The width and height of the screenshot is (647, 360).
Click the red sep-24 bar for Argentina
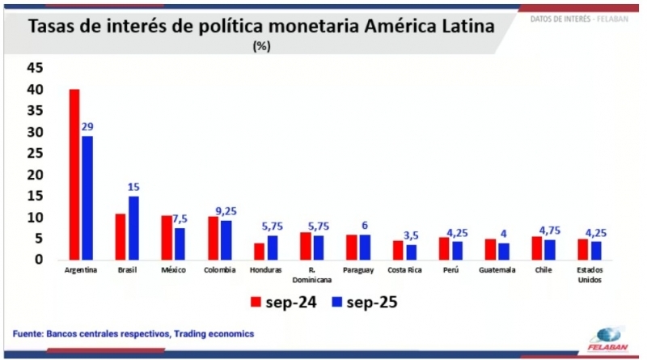pos(74,174)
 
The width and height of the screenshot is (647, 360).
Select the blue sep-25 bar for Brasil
pos(133,227)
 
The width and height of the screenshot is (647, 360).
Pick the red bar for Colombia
pos(214,237)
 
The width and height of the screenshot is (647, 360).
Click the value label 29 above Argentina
pos(87,126)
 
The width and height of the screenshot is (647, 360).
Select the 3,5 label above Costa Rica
pos(412,235)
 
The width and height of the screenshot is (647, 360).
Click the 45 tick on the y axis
pos(34,68)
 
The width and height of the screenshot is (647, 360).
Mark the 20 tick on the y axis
pos(34,175)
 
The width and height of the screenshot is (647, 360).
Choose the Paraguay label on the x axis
pos(357,270)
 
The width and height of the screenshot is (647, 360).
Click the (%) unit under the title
pos(261,46)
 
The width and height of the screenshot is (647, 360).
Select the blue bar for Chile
pos(550,249)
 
